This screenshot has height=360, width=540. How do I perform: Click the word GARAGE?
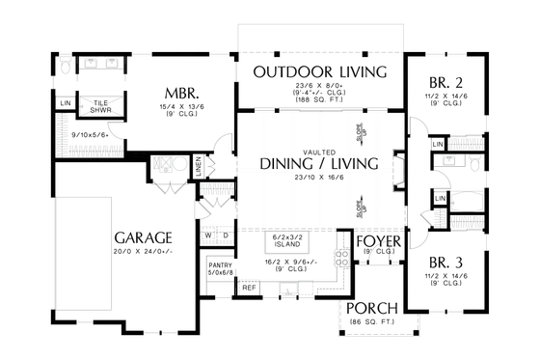pos(143,237)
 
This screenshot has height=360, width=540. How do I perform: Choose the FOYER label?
pos(379,241)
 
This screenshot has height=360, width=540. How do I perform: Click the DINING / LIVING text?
pos(319,163)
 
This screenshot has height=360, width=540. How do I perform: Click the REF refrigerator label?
pos(249,288)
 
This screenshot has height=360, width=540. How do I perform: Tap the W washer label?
pos(208,235)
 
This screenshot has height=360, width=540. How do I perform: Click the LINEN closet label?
pos(198,165)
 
